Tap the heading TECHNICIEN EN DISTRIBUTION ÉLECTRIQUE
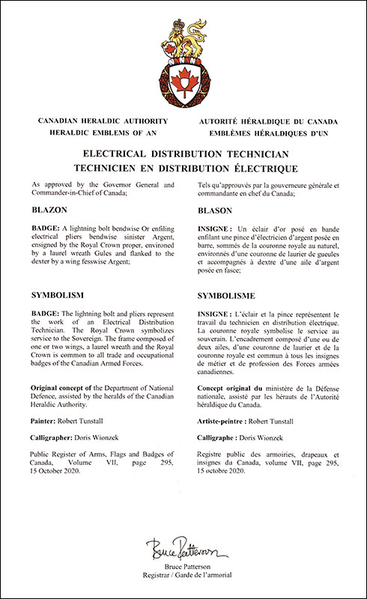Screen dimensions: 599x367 pyautogui.click(x=183, y=169)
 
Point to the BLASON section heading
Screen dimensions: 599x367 pyautogui.click(x=216, y=211)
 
